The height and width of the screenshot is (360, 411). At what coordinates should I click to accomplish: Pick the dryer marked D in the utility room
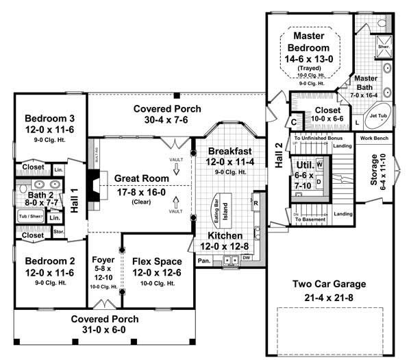coord(319,180)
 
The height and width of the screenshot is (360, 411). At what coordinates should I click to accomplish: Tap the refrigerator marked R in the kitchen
coord(255,204)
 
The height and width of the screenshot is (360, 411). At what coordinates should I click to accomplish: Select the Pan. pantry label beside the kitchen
coord(204,261)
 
